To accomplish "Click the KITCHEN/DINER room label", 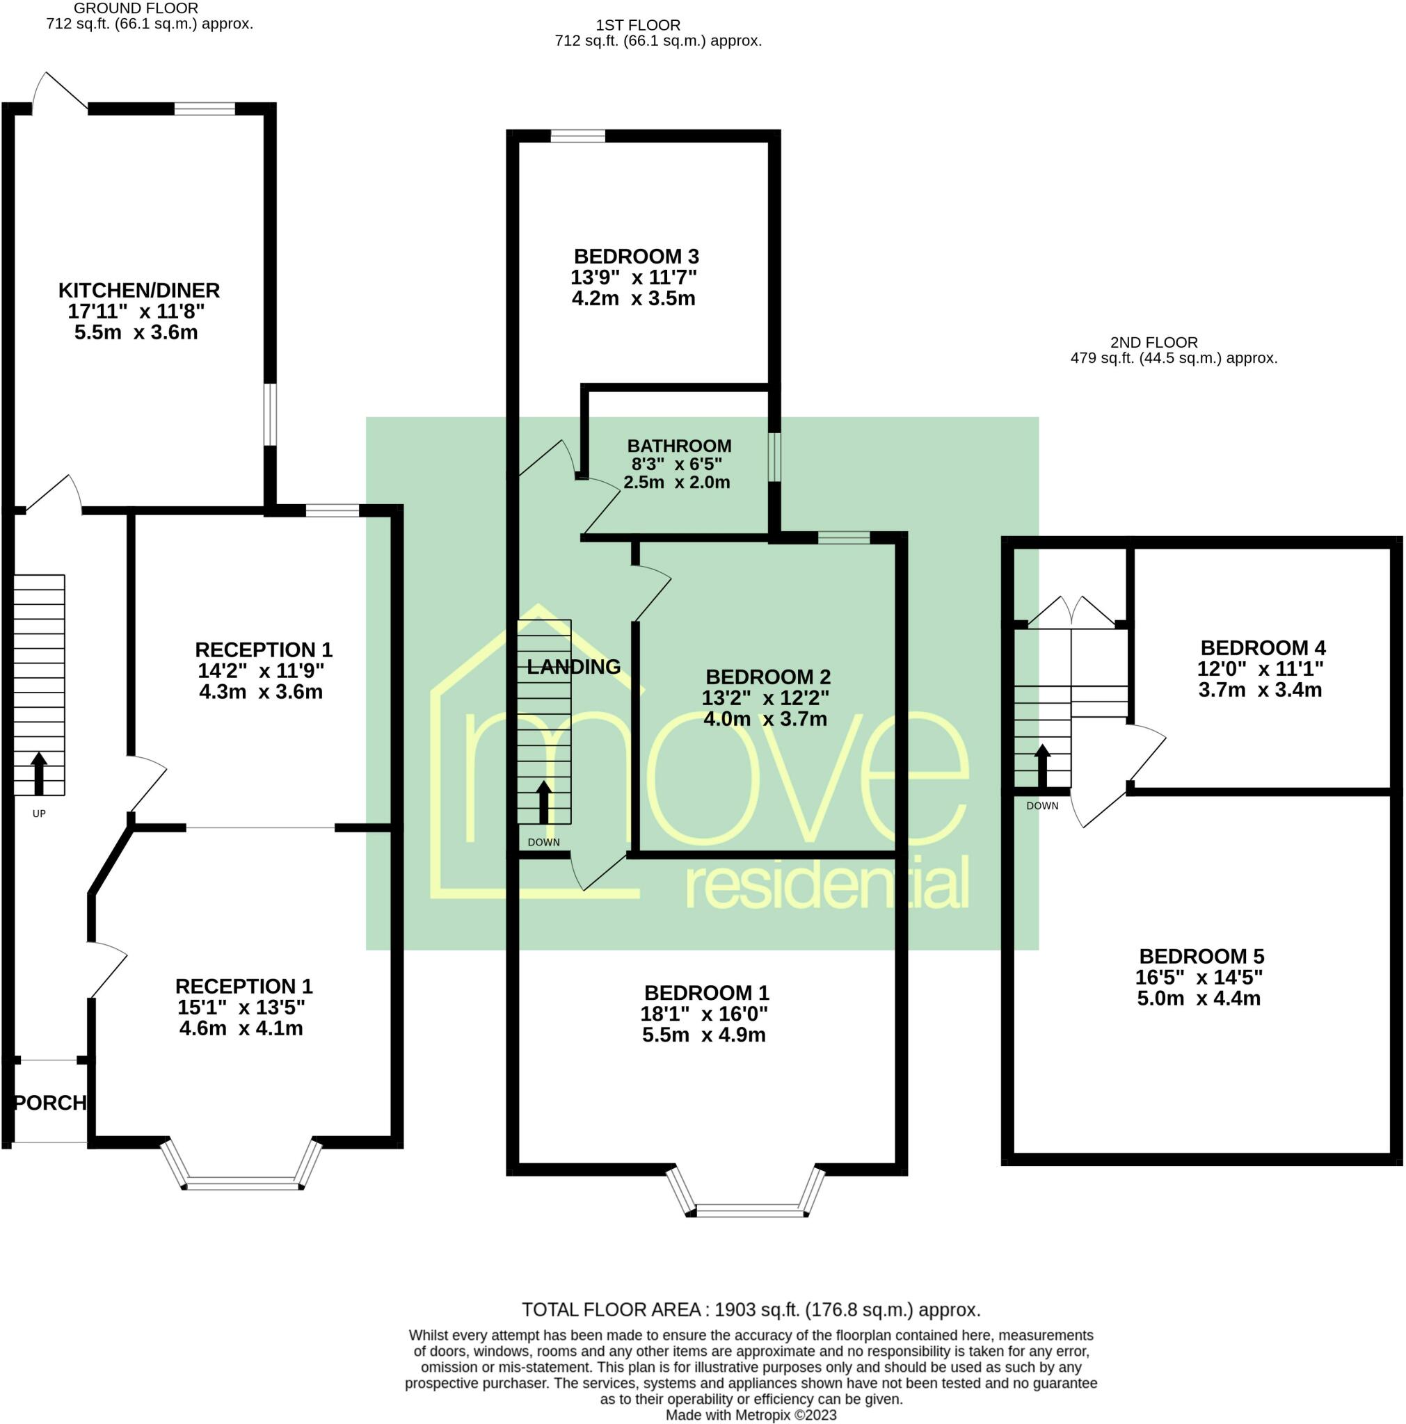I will (x=138, y=291).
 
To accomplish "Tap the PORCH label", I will (x=50, y=1103).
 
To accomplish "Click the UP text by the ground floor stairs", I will (x=39, y=814).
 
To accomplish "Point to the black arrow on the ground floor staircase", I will (x=38, y=773).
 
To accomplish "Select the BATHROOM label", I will (x=679, y=446).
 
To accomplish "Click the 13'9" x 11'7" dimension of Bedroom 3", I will (x=633, y=277).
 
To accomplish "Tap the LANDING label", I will (x=574, y=667).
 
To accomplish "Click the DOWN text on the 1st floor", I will (x=543, y=843).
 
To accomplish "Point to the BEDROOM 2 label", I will (x=767, y=677).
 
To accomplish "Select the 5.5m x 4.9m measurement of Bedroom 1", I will (x=703, y=1035).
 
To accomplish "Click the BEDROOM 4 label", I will (x=1262, y=648).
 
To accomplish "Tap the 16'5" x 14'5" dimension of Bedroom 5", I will (x=1199, y=978).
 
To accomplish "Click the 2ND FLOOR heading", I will (x=1154, y=342).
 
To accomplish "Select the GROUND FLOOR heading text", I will (x=136, y=8).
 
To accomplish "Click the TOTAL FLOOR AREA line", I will (x=751, y=1310).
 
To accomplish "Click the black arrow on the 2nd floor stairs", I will (x=1041, y=766).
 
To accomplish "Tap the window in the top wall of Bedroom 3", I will (x=577, y=136).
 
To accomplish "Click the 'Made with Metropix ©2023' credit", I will (x=751, y=1415).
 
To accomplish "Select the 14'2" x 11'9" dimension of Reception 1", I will (x=260, y=671).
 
